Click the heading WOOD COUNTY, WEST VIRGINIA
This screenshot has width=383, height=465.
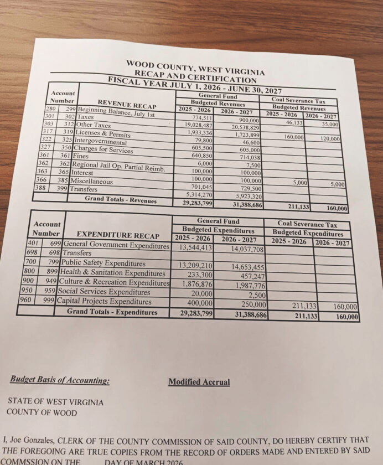[195, 68]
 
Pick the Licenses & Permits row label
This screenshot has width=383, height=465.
[103, 134]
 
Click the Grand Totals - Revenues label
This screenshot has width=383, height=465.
[120, 199]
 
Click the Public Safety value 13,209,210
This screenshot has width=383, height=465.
[193, 266]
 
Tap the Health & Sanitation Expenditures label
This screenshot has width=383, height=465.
[113, 273]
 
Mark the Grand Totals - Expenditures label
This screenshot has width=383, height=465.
[112, 312]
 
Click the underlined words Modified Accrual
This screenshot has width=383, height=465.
[199, 382]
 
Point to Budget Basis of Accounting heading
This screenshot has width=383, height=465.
[59, 380]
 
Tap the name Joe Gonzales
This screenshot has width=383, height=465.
[37, 441]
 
